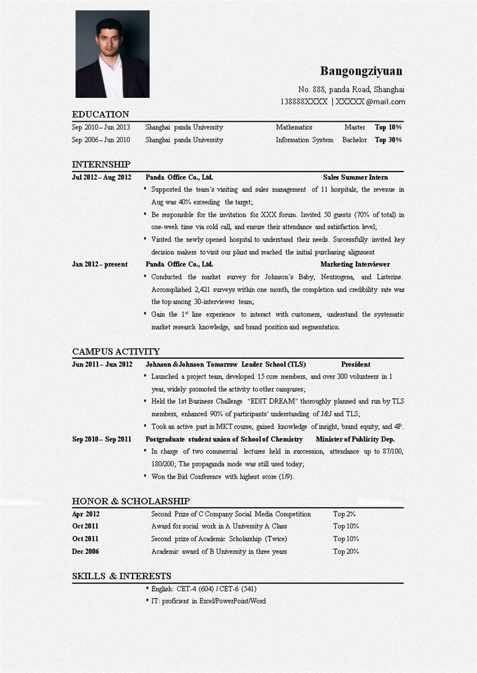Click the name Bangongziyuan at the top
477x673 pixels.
coord(361,71)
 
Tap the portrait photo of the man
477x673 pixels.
coord(112,54)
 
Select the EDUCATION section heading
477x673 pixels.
coord(101,114)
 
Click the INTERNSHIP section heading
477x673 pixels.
coord(101,164)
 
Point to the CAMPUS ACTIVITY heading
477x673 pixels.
coord(116,351)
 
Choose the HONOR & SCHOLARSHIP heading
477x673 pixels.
coord(131,501)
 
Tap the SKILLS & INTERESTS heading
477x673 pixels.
coord(122,576)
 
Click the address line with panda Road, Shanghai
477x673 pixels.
coord(351,89)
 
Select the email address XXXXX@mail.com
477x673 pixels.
coord(370,102)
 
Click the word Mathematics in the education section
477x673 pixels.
coord(294,127)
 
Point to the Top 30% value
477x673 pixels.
coord(388,140)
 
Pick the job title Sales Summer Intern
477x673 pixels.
coord(355,177)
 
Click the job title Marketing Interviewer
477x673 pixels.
coord(355,264)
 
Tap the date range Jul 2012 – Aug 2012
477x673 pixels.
coord(101,177)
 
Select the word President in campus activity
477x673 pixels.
coord(356,364)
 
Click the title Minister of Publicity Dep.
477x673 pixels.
coord(355,439)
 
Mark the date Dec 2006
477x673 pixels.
coord(85,551)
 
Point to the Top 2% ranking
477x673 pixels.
coord(344,514)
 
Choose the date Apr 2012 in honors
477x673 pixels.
coord(85,514)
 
